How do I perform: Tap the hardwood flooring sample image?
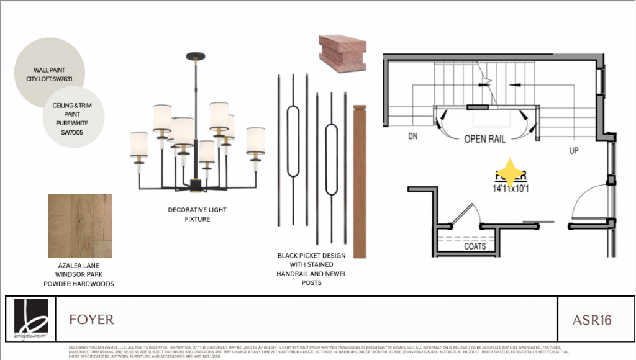coord(80,225)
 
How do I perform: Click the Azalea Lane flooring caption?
coord(78,274)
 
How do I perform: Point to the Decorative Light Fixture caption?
coord(197,214)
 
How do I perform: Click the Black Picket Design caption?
coord(312,269)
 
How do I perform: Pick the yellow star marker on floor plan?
coord(509,171)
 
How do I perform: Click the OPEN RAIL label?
coord(484,139)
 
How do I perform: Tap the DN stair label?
coord(413,137)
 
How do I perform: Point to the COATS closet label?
coord(475,246)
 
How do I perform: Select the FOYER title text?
coord(92,320)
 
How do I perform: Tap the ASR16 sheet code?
coord(592,320)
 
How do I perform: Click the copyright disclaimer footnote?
coord(317,351)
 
